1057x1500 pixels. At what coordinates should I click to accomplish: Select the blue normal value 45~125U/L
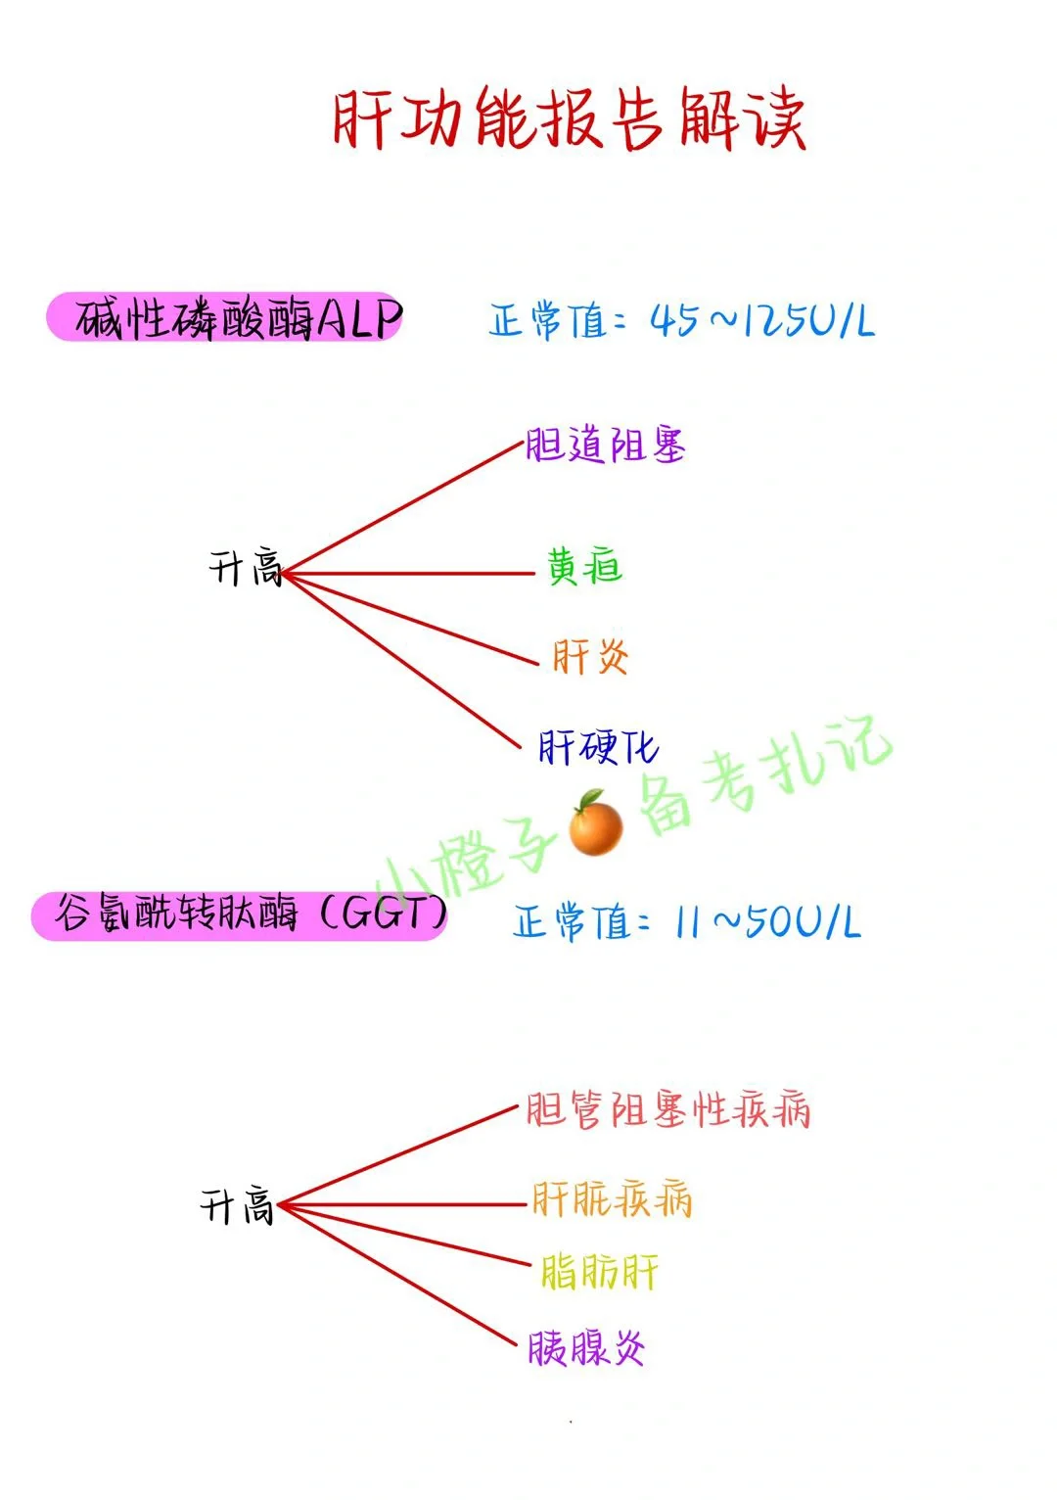[x=682, y=320]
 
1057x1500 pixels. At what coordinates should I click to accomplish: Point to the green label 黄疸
[x=584, y=567]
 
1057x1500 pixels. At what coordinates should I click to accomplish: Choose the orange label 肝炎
[x=590, y=657]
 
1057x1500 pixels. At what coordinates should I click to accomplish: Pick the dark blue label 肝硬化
[x=598, y=748]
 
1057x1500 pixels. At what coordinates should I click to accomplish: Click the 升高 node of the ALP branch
[x=246, y=568]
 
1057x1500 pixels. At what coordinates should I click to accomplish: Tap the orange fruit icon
[x=595, y=824]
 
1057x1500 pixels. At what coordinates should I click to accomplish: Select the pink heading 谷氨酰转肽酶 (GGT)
[x=240, y=915]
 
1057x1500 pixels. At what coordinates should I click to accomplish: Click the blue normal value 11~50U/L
[x=687, y=922]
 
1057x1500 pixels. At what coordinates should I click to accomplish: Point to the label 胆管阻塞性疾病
[x=667, y=1111]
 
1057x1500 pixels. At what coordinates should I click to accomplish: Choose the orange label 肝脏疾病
[x=612, y=1199]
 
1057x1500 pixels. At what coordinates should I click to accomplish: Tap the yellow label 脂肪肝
[x=599, y=1273]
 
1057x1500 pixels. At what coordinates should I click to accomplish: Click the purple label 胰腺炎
[x=586, y=1349]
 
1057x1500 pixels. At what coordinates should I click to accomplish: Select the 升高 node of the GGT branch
[x=237, y=1206]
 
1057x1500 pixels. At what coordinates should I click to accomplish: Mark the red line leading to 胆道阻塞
[x=401, y=510]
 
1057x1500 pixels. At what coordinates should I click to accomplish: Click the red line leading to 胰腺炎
[x=401, y=1276]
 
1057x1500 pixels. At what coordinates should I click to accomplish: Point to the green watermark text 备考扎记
[x=763, y=777]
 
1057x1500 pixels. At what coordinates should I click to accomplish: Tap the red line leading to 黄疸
[x=411, y=574]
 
